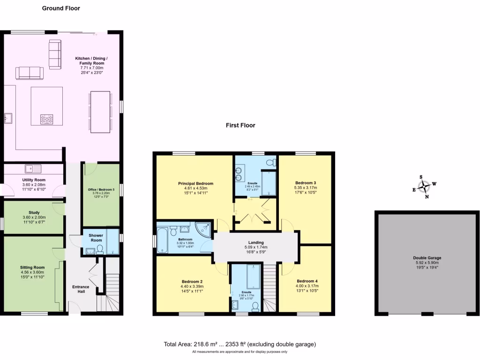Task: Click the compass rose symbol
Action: click(424, 187)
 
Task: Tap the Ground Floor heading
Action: click(61, 8)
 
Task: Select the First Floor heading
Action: click(240, 125)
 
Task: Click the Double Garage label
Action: click(427, 258)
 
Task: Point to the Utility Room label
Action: click(34, 180)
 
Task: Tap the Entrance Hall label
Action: click(81, 289)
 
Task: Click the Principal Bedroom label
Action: click(195, 183)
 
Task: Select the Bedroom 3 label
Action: click(306, 183)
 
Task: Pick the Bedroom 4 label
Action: click(307, 281)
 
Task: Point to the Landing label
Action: click(256, 242)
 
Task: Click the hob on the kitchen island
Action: click(47, 119)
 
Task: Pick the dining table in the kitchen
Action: click(100, 112)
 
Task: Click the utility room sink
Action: click(34, 167)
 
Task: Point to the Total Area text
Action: click(240, 344)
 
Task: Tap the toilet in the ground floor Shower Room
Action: click(99, 250)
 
